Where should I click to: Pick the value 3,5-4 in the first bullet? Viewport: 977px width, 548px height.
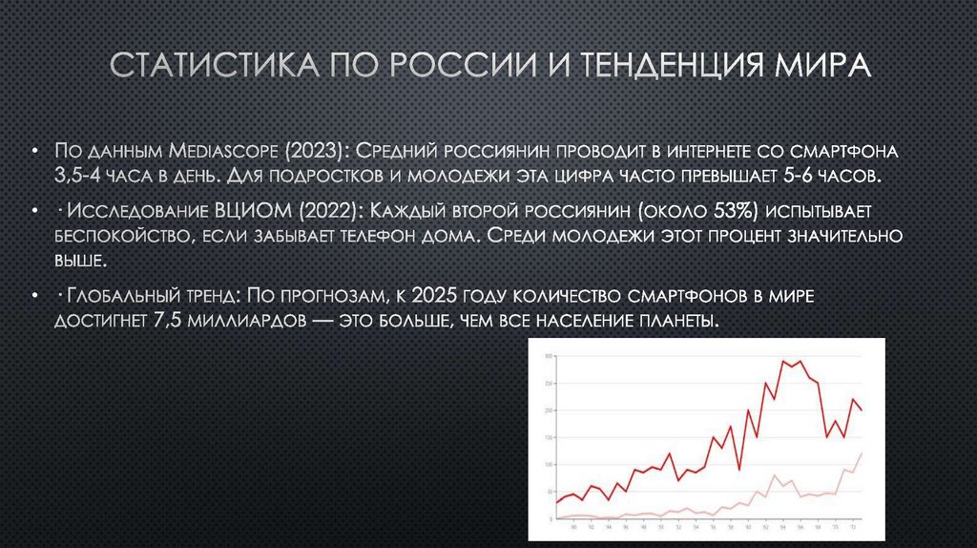[79, 178]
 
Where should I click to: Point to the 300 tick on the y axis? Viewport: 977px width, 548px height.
[548, 357]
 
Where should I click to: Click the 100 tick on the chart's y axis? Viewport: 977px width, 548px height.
[548, 464]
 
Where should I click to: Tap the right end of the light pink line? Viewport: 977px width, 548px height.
[862, 453]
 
